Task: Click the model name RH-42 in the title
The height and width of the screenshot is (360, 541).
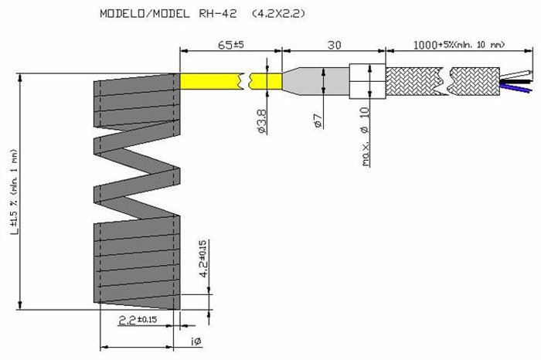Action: tap(218, 14)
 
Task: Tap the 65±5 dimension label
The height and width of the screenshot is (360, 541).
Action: tap(231, 45)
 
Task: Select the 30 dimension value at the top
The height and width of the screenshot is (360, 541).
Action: tap(334, 45)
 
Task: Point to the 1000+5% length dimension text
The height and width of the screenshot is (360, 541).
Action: tap(459, 45)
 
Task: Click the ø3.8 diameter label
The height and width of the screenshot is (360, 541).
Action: tap(262, 121)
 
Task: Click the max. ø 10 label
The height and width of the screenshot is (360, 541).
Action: tap(366, 137)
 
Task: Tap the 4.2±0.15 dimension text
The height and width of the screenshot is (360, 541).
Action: tap(203, 259)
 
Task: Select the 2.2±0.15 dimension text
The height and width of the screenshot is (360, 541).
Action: tap(138, 321)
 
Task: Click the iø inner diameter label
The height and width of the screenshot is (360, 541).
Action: tap(196, 341)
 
